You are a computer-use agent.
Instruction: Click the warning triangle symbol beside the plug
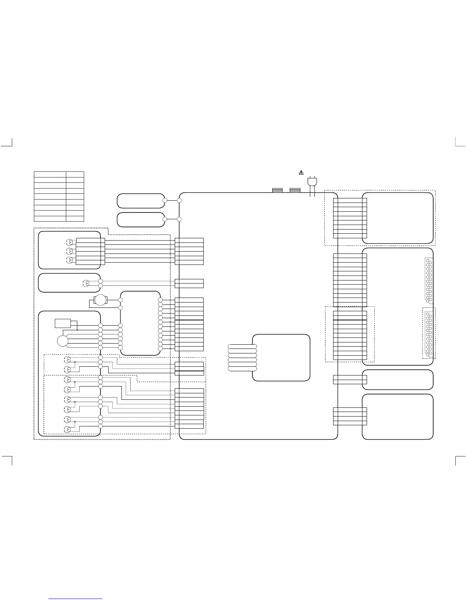tap(301, 173)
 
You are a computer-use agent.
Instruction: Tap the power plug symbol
tap(312, 182)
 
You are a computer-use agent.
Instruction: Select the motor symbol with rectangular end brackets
tap(101, 300)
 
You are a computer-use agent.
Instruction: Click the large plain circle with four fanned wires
tap(62, 341)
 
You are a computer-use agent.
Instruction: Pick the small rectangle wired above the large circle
tap(63, 323)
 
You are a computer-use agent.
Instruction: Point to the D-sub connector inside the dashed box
tap(429, 334)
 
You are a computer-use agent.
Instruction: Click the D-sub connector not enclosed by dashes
tap(429, 280)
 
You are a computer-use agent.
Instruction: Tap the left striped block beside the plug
tap(277, 190)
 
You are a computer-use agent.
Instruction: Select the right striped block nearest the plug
tap(295, 190)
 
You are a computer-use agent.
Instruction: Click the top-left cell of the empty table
tap(50, 174)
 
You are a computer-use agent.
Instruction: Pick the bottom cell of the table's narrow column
tap(75, 219)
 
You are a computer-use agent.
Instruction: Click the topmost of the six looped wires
tap(242, 346)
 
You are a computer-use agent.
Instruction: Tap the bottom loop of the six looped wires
tap(242, 369)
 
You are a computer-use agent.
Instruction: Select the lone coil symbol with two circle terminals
tap(86, 283)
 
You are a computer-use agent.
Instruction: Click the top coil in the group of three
tap(69, 242)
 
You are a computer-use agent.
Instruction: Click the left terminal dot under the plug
tap(310, 196)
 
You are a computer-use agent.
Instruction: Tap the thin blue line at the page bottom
tap(76, 599)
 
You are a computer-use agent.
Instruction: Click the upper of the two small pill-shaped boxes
tap(141, 201)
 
